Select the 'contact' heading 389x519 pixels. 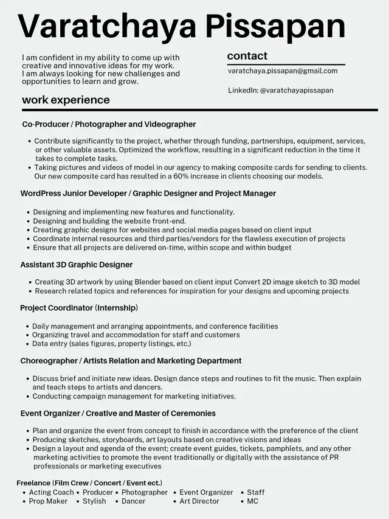click(247, 56)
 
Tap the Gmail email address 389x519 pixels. click(283, 71)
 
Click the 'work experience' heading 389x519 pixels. click(66, 100)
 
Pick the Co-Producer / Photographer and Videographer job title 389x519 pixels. click(109, 125)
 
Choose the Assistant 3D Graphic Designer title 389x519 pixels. click(76, 265)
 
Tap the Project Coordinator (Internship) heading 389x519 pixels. click(78, 308)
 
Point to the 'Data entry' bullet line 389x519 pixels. click(111, 344)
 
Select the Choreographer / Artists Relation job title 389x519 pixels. click(131, 361)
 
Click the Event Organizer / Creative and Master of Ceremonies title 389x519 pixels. click(118, 414)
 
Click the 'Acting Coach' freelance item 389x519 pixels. click(51, 492)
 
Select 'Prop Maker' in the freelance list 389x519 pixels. click(48, 501)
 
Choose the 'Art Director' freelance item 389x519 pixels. click(199, 501)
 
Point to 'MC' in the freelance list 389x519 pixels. click(252, 501)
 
